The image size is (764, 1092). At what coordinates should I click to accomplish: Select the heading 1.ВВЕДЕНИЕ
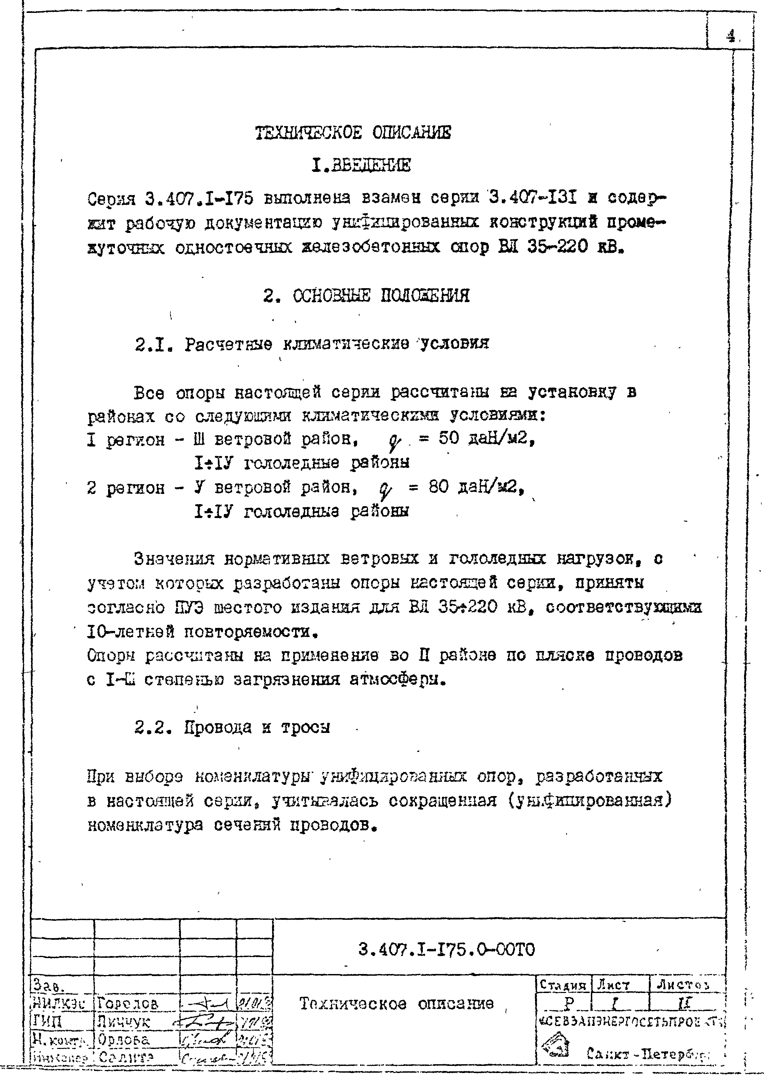[x=361, y=165]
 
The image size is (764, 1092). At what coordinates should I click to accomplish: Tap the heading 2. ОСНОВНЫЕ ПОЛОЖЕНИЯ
[x=366, y=296]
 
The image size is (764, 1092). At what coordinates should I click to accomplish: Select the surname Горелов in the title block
[x=127, y=1004]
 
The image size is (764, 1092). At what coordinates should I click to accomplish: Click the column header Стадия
[x=563, y=986]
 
